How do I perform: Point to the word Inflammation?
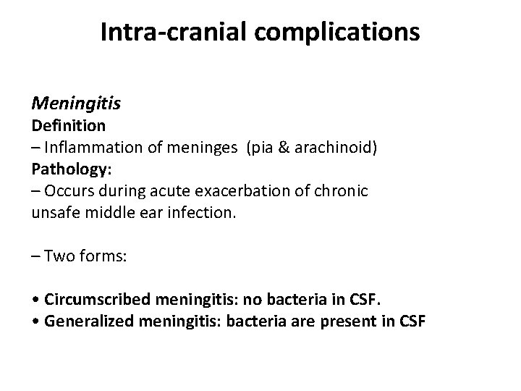coord(89,148)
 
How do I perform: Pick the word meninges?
coord(208,148)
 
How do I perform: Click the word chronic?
coord(342,192)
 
